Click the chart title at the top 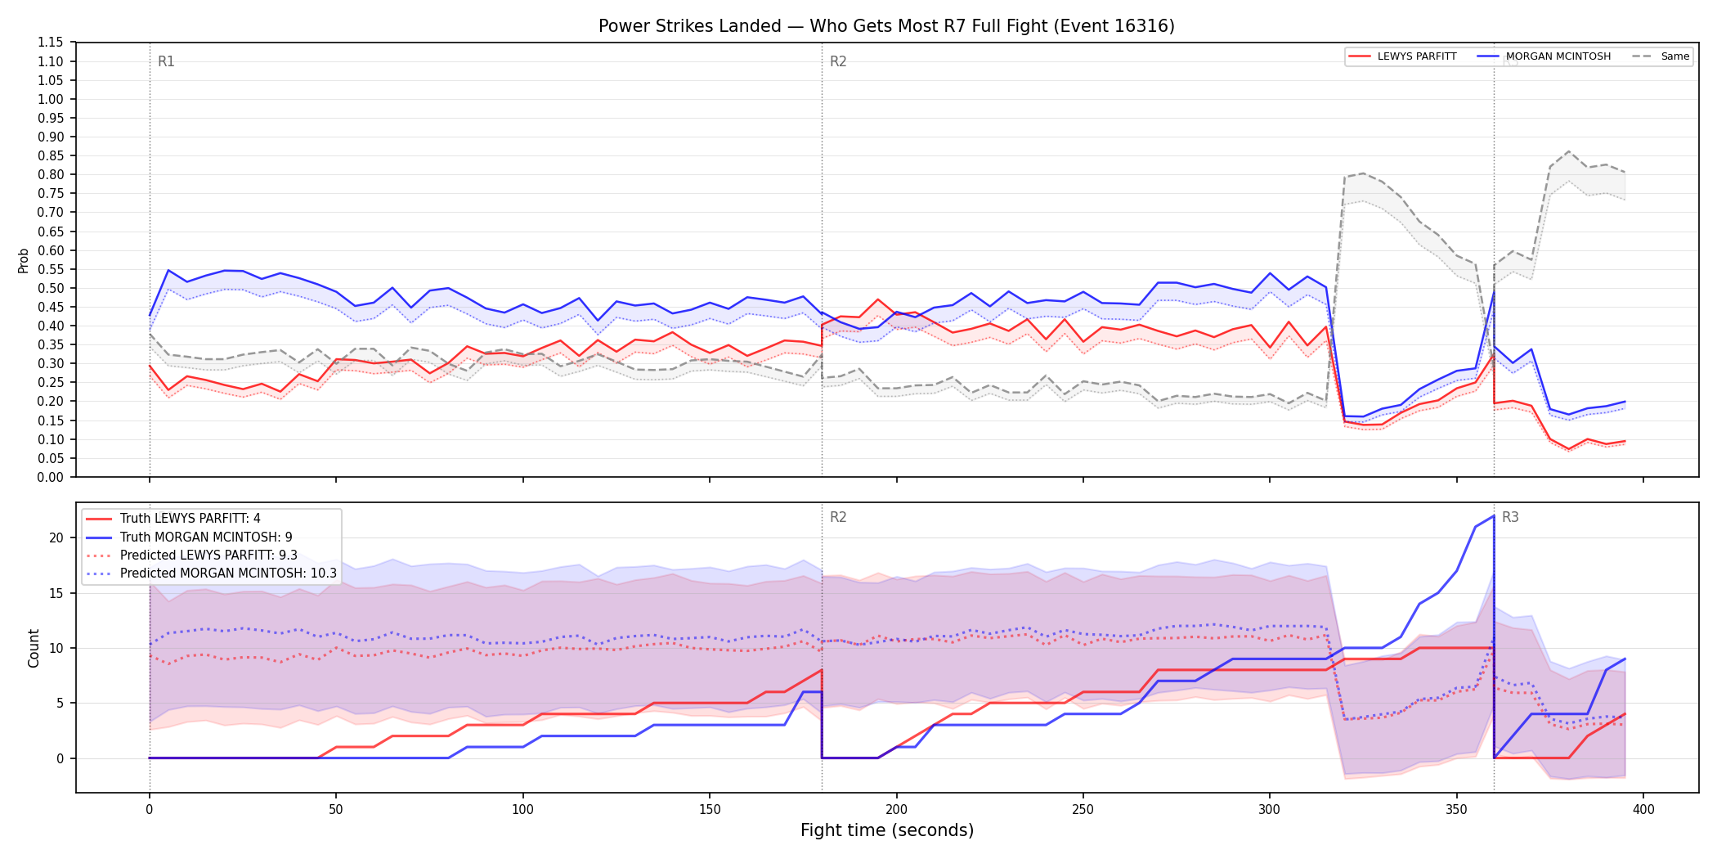[x=886, y=26]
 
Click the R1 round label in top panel [x=166, y=61]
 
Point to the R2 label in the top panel [x=838, y=61]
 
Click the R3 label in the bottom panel [x=1510, y=517]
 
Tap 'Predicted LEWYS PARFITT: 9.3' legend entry [x=191, y=555]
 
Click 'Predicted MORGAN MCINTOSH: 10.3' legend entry [x=211, y=573]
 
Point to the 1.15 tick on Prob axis [x=51, y=43]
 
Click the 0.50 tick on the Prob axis [x=51, y=288]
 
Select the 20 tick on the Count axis [x=56, y=537]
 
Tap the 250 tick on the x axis [x=1083, y=810]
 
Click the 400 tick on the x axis [x=1643, y=810]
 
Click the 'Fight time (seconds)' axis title [x=887, y=830]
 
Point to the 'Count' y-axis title [x=34, y=648]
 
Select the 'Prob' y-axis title [x=24, y=260]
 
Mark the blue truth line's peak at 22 [x=1494, y=515]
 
